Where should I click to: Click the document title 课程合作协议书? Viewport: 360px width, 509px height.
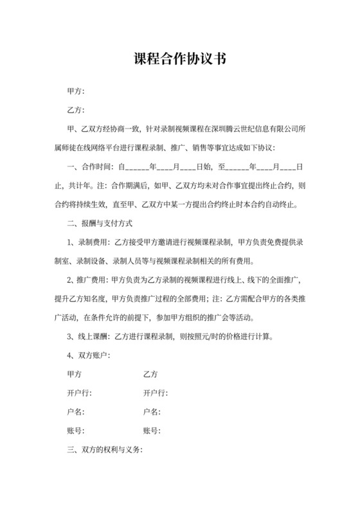[179, 60]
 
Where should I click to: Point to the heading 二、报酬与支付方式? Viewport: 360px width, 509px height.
[100, 224]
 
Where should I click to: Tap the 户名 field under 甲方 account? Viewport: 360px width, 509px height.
[76, 412]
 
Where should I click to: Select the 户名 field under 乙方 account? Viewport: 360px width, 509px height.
[152, 412]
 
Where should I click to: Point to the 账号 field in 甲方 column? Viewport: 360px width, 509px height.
[76, 431]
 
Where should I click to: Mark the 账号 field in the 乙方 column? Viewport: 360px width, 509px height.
[152, 431]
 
